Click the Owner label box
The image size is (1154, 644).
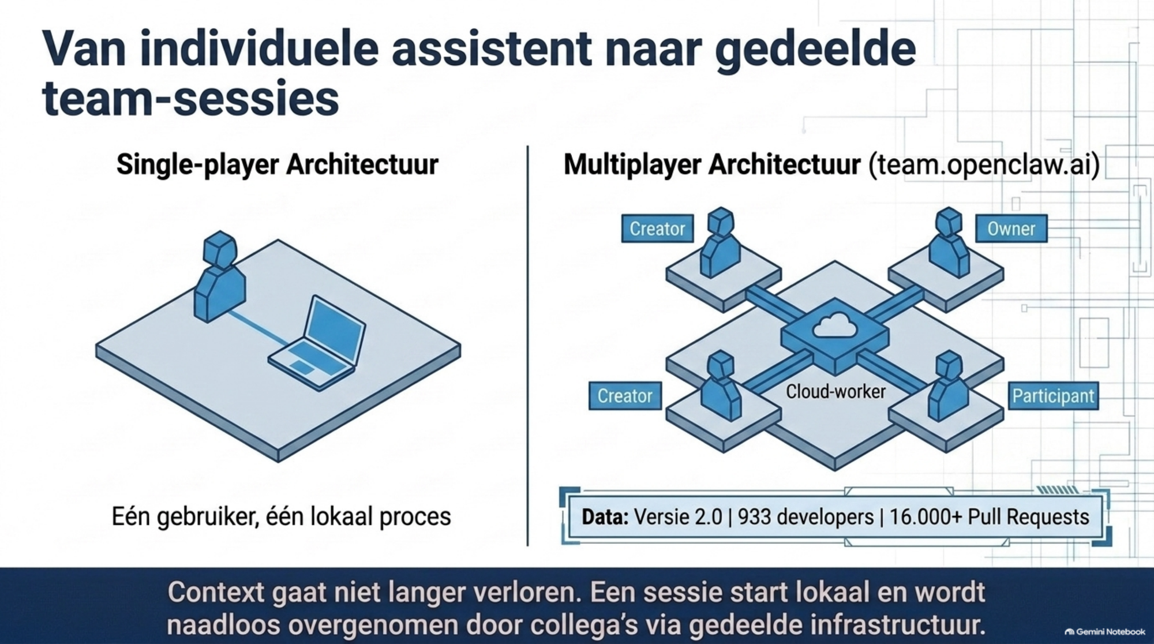coord(1011,229)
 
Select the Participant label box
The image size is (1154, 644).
coord(1053,396)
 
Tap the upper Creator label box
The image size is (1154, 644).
coord(657,229)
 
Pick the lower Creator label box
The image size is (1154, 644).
coord(625,396)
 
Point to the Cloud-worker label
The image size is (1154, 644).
coord(835,392)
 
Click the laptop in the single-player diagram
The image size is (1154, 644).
coord(317,343)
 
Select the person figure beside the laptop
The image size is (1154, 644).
coord(220,276)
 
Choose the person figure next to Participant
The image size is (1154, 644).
coord(948,385)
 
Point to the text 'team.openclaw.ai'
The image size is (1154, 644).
coord(984,165)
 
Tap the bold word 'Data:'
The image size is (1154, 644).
coord(605,516)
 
